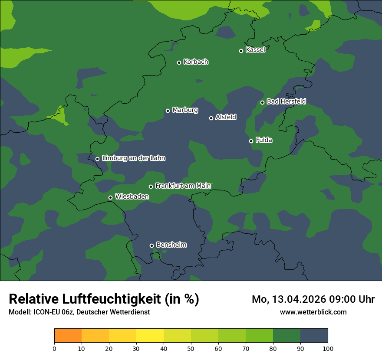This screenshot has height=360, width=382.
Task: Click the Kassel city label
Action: [x=255, y=50]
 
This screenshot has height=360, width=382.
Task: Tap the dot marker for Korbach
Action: [x=179, y=62]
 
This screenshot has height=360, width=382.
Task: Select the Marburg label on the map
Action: [x=185, y=110]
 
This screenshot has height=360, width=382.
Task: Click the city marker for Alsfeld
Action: [x=211, y=118]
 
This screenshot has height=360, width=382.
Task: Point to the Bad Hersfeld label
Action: [x=286, y=101]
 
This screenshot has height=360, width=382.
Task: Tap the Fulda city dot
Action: [x=251, y=141]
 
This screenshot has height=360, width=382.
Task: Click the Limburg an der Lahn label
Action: [x=133, y=158]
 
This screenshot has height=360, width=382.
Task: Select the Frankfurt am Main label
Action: [x=183, y=186]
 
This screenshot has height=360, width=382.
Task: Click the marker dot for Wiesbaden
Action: [x=111, y=197]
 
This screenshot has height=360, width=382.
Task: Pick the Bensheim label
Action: [x=171, y=245]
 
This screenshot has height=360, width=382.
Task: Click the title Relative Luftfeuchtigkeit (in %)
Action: [x=104, y=299]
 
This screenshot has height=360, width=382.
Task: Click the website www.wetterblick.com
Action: [x=313, y=312]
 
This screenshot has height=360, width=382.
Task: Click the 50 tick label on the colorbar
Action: [x=191, y=348]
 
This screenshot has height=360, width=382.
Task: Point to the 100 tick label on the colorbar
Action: [x=328, y=348]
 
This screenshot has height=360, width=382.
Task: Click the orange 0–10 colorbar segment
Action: [x=68, y=336]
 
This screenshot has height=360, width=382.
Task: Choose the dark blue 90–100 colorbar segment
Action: [x=314, y=336]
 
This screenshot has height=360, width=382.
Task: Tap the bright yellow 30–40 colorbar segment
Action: [x=150, y=336]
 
